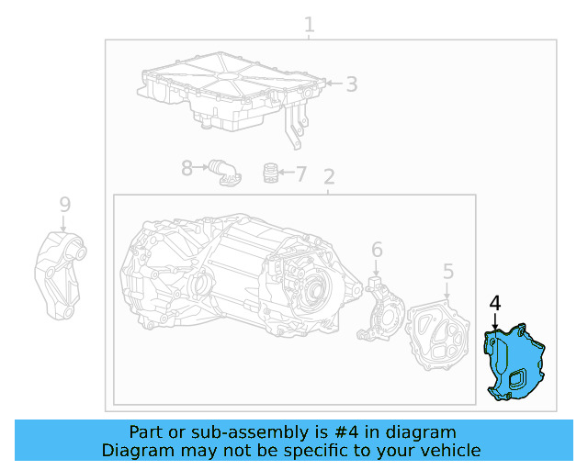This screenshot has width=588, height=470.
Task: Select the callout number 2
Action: click(x=329, y=177)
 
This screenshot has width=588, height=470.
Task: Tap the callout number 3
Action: click(x=351, y=84)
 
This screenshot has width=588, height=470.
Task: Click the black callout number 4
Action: click(x=495, y=303)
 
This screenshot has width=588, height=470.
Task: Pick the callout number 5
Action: click(x=447, y=271)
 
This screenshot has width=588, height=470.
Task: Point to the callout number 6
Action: click(x=377, y=250)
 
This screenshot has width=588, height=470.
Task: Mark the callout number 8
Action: click(x=187, y=168)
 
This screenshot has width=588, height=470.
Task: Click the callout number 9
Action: click(x=63, y=204)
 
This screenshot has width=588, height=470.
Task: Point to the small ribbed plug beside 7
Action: click(x=270, y=173)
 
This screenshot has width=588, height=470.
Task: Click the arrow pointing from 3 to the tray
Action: click(x=333, y=84)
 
